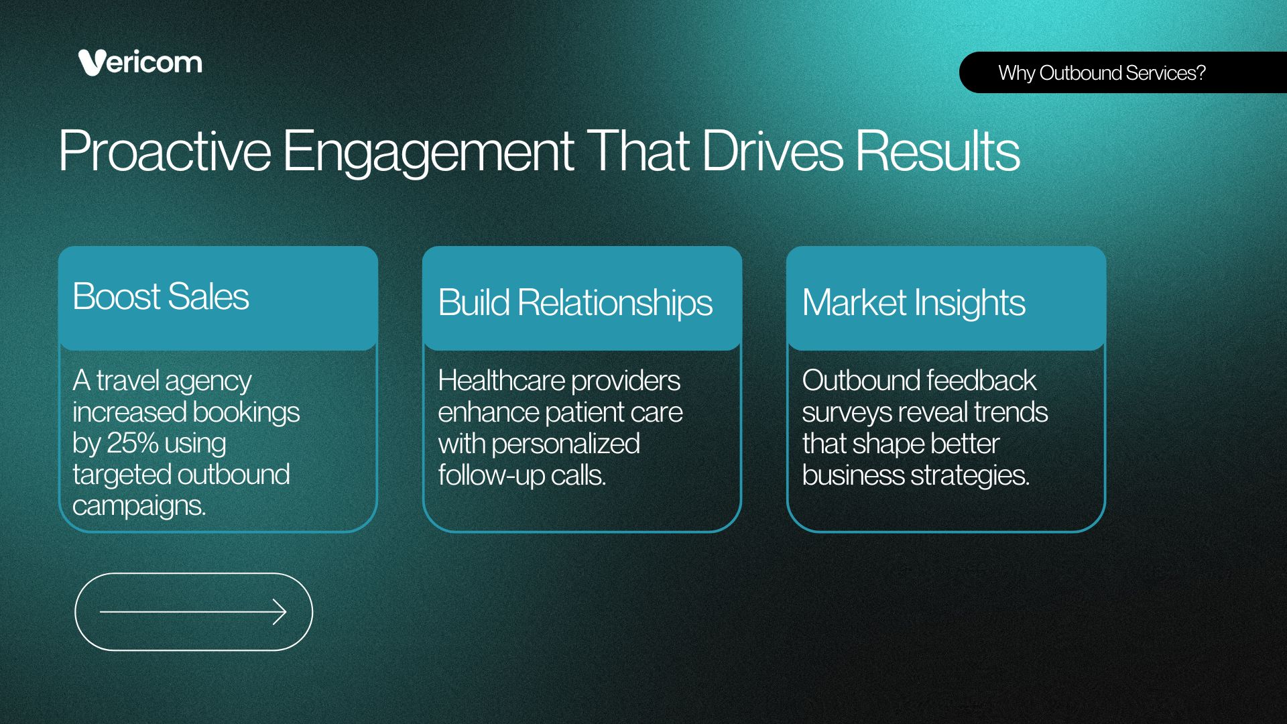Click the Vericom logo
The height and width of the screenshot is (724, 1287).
140,62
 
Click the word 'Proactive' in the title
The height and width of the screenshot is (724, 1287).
165,151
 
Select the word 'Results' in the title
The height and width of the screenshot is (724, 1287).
937,151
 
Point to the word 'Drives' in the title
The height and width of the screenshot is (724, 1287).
772,151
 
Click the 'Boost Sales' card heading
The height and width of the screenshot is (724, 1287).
161,296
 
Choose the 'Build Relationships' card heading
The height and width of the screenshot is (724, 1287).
575,303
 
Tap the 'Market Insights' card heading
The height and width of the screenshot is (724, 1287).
914,303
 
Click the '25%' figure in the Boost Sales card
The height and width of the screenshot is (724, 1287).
133,443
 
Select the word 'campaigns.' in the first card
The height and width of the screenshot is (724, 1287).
139,506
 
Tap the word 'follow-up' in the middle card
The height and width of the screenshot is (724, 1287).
491,475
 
